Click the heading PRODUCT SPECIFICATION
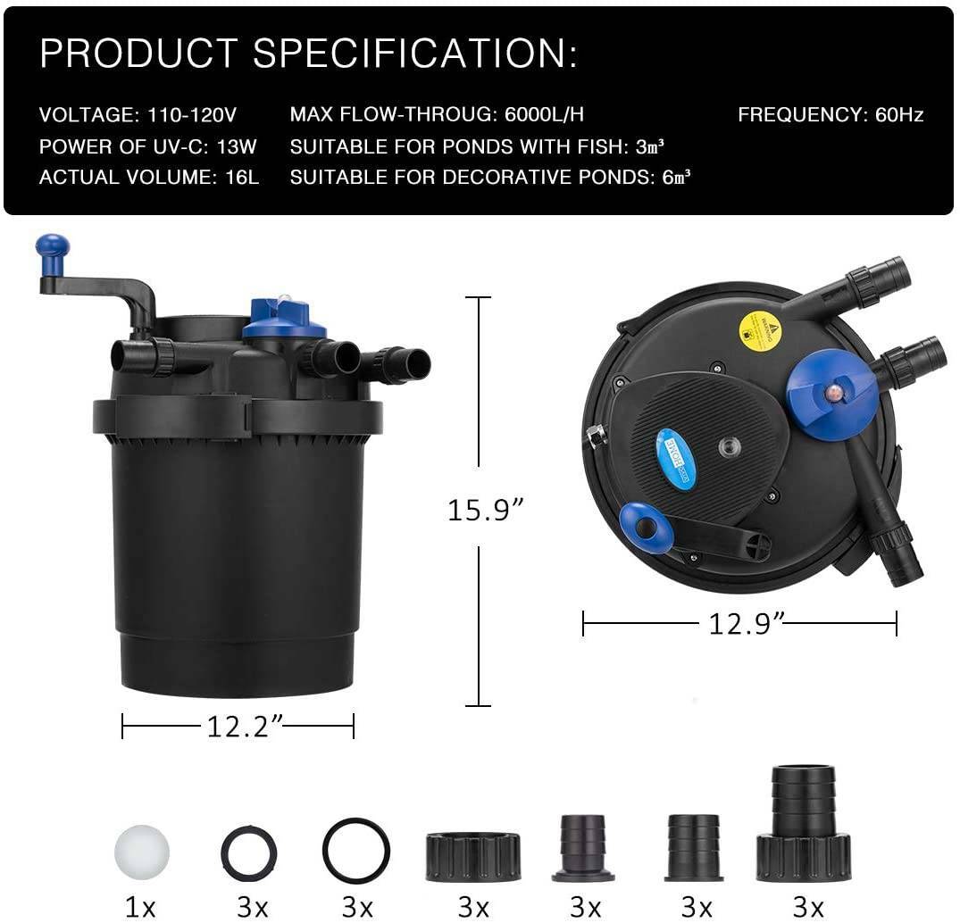[x=308, y=54]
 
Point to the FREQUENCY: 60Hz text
[x=830, y=114]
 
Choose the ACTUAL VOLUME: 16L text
[x=149, y=177]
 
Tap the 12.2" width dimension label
[x=238, y=727]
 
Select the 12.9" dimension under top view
[x=740, y=623]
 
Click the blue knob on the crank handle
[x=52, y=246]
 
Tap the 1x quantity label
[x=140, y=907]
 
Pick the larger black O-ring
[x=356, y=850]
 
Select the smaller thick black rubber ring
[x=249, y=853]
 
